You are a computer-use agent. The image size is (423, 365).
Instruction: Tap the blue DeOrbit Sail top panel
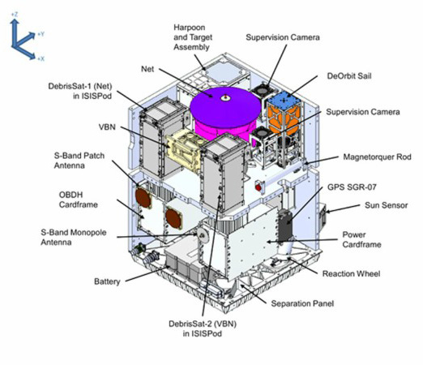(x=284, y=100)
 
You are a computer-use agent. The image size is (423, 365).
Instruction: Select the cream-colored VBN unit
(x=185, y=151)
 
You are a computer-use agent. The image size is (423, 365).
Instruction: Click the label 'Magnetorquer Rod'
(x=377, y=157)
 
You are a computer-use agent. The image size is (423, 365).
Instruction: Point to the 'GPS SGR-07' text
(x=352, y=187)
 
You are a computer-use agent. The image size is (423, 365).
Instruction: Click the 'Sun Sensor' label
(x=386, y=205)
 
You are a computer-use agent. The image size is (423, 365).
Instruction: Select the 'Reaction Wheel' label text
(x=351, y=273)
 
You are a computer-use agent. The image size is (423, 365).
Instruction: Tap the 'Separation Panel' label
(x=302, y=303)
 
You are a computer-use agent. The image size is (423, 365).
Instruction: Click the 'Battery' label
(x=107, y=281)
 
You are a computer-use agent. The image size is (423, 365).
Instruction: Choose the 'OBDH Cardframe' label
(x=78, y=200)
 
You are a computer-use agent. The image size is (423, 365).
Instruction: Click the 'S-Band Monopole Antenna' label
(x=74, y=237)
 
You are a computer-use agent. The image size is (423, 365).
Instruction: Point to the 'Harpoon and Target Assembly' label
(x=193, y=37)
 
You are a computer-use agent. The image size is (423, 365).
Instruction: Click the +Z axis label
(x=15, y=15)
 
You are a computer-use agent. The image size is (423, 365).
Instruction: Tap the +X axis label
(x=41, y=58)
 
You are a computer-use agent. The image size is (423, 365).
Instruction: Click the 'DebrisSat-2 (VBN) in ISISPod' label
(x=203, y=328)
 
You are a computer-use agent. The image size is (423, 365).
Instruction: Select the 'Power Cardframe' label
(x=361, y=239)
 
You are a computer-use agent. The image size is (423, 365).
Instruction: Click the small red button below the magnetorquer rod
(x=258, y=187)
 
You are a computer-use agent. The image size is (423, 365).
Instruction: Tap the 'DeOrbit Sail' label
(x=349, y=75)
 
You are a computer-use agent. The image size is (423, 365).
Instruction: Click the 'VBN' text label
(x=107, y=127)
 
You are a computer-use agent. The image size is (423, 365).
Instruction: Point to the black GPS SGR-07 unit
(x=285, y=225)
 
